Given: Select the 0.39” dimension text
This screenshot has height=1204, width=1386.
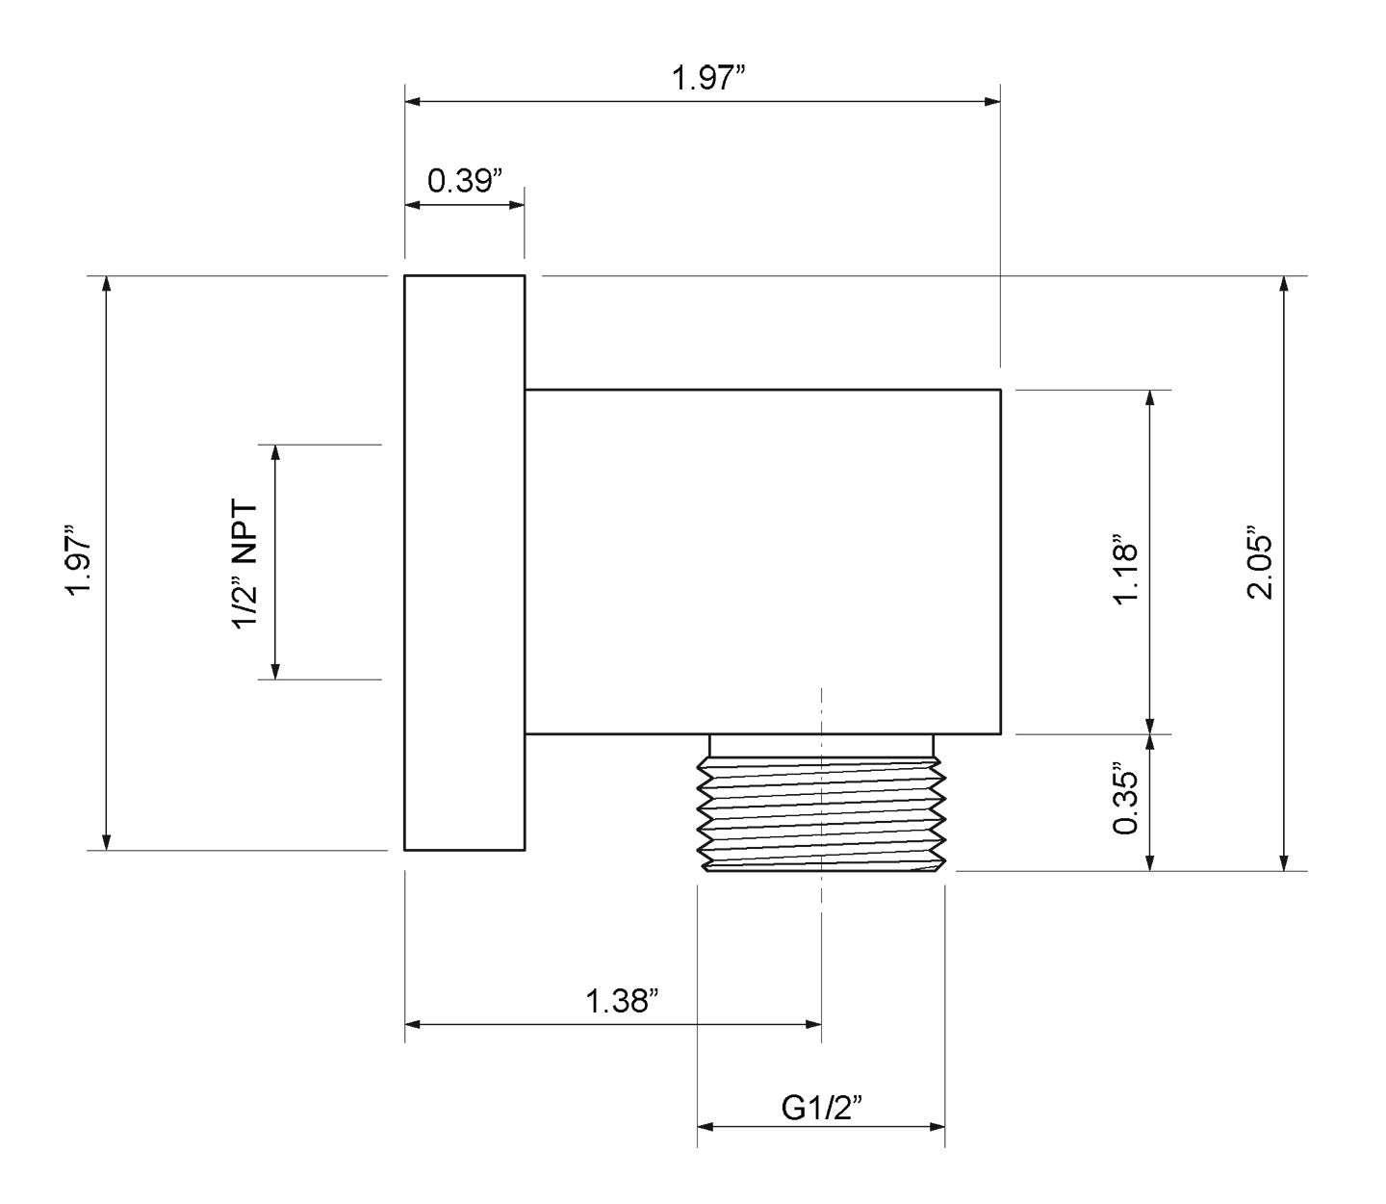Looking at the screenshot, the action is [x=465, y=181].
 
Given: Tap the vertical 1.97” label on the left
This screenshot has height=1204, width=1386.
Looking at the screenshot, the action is [x=79, y=560].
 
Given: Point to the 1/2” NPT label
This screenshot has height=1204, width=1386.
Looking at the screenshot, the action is [x=245, y=565].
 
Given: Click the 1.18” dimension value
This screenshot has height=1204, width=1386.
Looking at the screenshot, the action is [x=1126, y=570].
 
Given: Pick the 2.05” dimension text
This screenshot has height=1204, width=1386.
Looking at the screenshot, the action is [x=1259, y=568].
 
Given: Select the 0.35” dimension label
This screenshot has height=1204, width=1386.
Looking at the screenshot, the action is [x=1126, y=801].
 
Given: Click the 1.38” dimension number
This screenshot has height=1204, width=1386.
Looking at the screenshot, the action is [x=621, y=1001].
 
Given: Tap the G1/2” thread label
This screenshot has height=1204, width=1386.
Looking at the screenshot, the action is [x=822, y=1108].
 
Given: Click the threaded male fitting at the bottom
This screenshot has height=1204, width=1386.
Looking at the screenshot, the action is [x=821, y=813].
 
